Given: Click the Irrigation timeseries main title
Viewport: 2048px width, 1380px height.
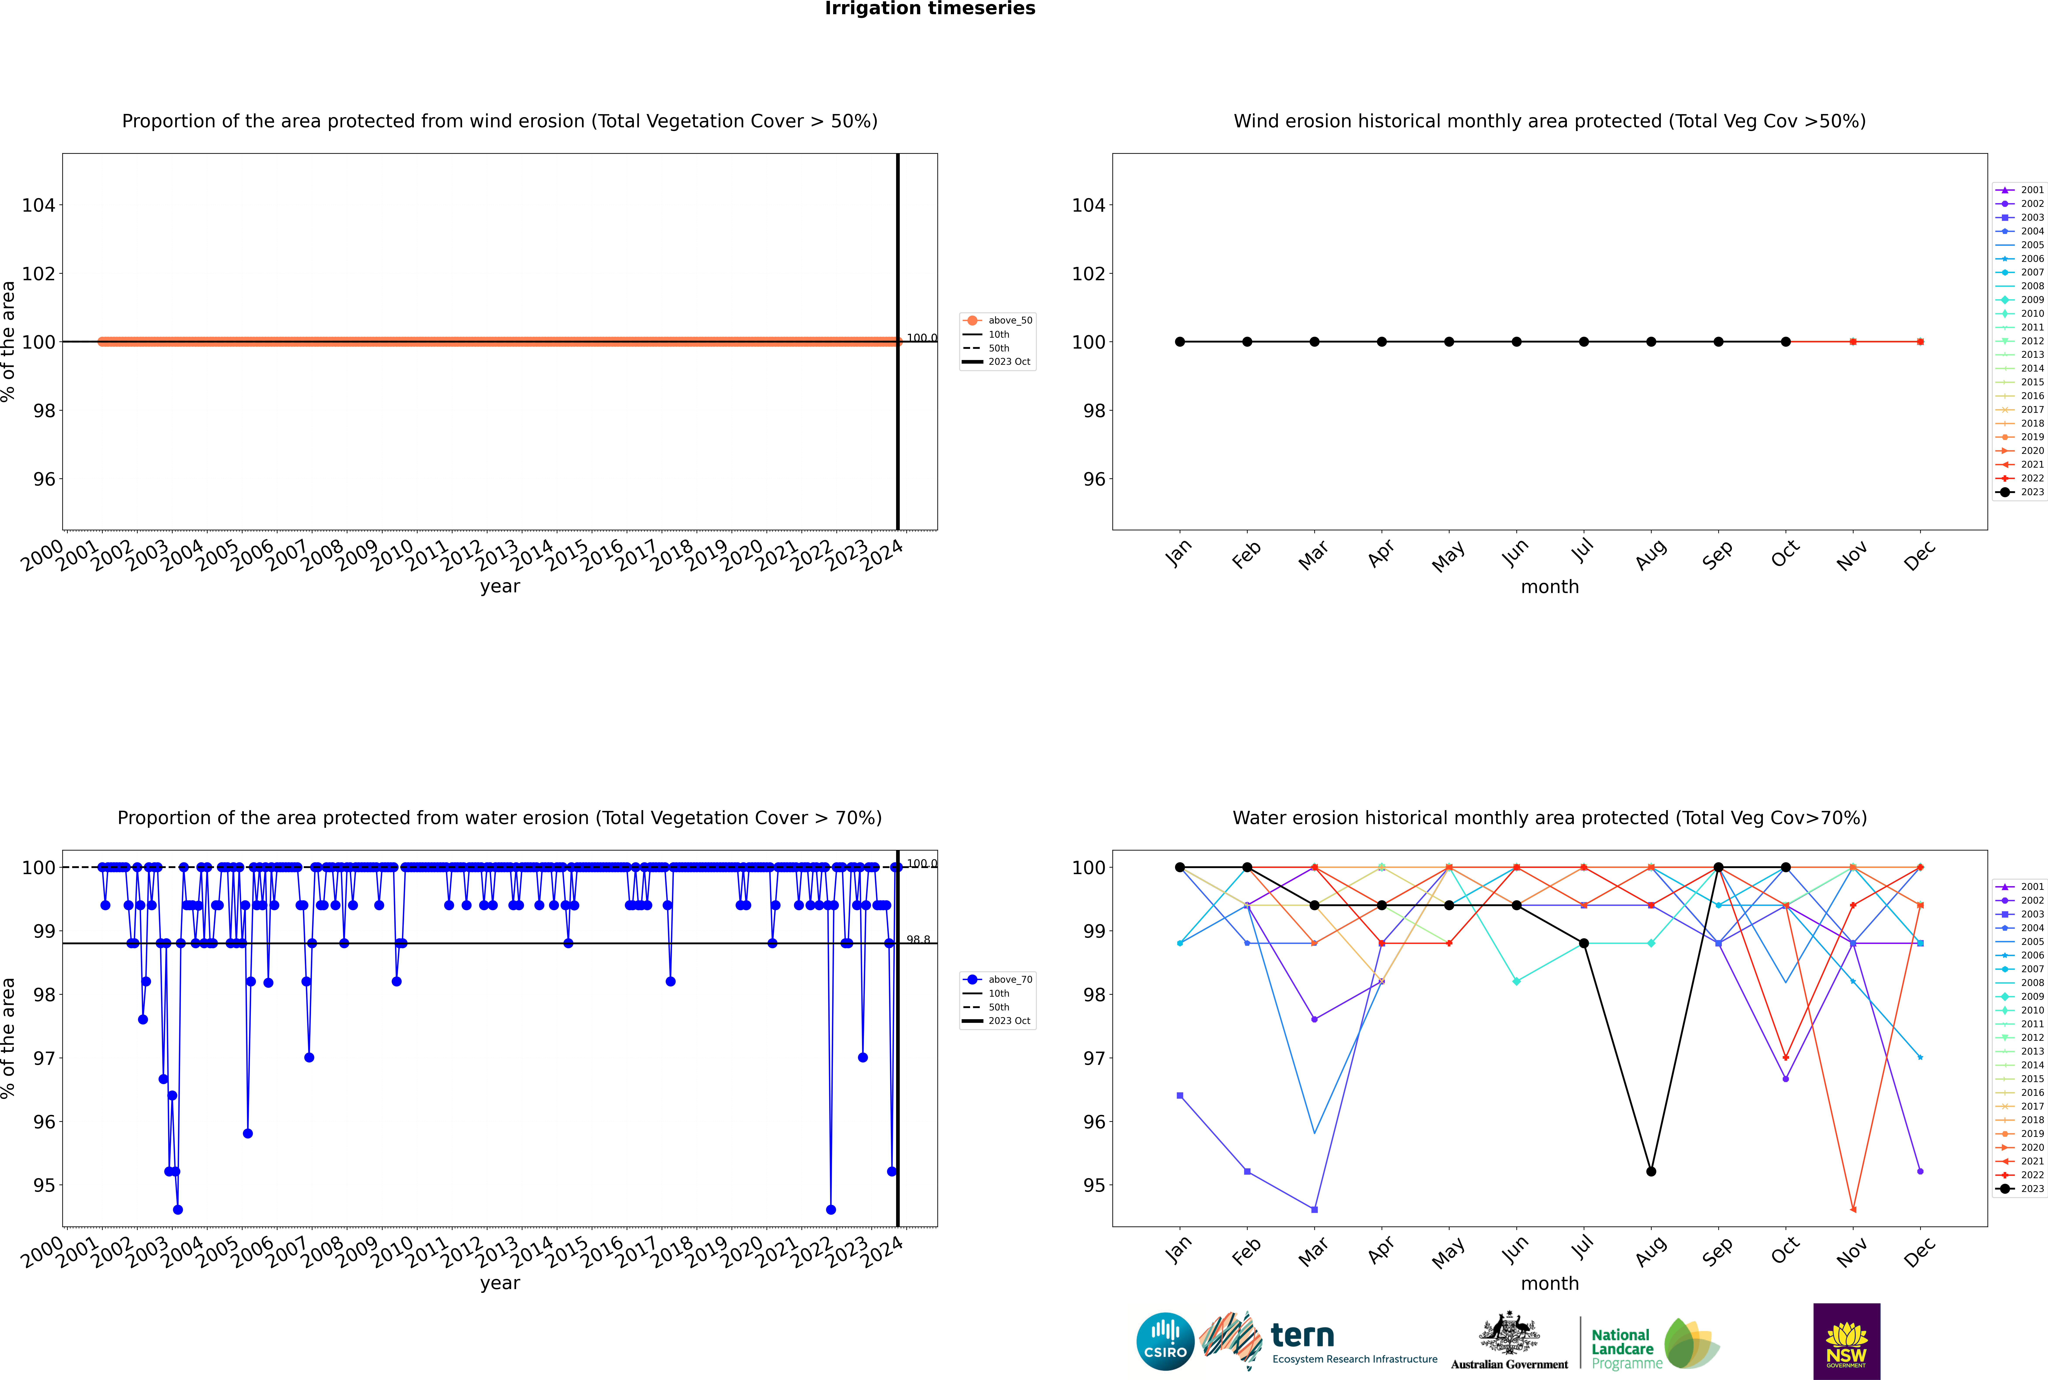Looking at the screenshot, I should (x=930, y=9).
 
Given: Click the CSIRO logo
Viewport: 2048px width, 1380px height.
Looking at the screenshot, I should (x=1165, y=1341).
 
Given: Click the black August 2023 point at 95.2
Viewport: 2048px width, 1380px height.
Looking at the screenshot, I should (x=1651, y=1171).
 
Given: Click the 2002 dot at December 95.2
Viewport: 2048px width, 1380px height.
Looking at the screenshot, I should (x=1920, y=1171).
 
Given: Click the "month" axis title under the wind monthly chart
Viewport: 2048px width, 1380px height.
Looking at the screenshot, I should (x=1550, y=587).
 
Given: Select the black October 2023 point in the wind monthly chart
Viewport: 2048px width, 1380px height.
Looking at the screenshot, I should (x=1786, y=341).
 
